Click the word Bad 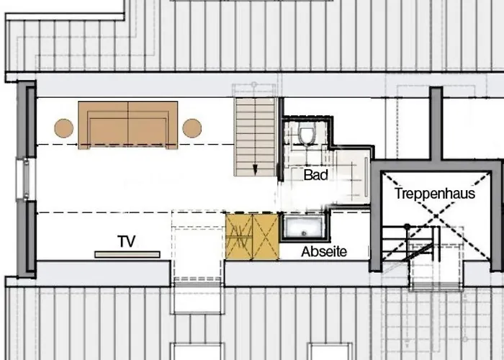[x=315, y=175]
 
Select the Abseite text [x=324, y=252]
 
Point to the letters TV [x=127, y=240]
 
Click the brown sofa [x=128, y=125]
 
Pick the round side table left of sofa [x=64, y=128]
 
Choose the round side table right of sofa [x=192, y=128]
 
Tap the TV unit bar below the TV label [x=127, y=254]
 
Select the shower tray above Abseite [x=305, y=228]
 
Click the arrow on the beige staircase [x=255, y=168]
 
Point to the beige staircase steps [x=256, y=133]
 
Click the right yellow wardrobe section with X [x=265, y=236]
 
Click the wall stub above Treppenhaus [x=436, y=122]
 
